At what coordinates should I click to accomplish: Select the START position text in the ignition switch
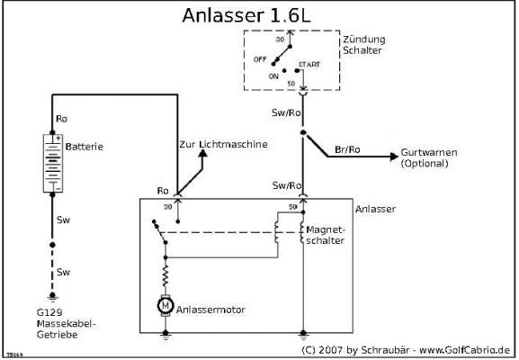[x=309, y=66]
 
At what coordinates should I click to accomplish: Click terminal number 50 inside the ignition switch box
[x=291, y=84]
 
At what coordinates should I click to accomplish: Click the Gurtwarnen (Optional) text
[x=431, y=160]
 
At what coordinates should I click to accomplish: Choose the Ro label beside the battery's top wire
[x=61, y=119]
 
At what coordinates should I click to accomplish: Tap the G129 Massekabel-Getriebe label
[x=66, y=321]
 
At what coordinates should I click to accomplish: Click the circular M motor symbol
[x=166, y=307]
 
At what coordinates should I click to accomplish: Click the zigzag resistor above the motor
[x=166, y=272]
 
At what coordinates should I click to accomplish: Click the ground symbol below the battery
[x=53, y=296]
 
